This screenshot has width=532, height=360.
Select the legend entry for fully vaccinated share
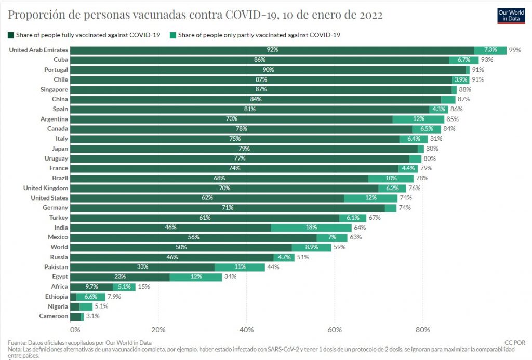click(x=84, y=35)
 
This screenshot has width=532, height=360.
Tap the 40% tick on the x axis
click(x=246, y=329)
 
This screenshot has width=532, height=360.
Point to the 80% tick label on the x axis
click(x=423, y=329)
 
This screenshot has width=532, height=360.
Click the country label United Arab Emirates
click(x=38, y=50)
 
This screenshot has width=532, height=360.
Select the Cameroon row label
click(x=54, y=316)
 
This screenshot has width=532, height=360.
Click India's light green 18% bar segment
click(x=311, y=228)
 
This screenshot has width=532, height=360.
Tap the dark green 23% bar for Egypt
click(x=120, y=277)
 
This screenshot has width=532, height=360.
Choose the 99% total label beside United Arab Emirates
click(x=515, y=50)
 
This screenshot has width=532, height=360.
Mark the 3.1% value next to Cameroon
click(x=92, y=316)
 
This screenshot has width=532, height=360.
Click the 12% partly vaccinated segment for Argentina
click(x=418, y=119)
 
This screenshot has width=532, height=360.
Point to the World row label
click(x=59, y=247)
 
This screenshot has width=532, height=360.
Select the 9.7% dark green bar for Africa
click(x=91, y=287)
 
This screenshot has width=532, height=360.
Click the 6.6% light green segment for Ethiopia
click(x=90, y=297)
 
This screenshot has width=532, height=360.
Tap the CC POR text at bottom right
click(x=515, y=343)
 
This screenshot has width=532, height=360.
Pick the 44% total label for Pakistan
click(x=273, y=267)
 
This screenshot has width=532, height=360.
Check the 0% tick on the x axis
click(x=75, y=329)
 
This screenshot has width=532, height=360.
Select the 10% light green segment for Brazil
click(x=391, y=178)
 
